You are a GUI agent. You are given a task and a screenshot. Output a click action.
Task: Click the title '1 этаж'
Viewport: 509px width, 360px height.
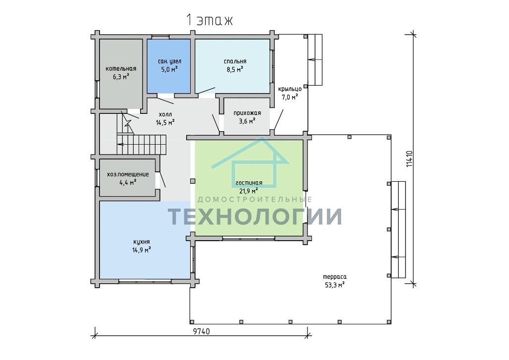(209, 20)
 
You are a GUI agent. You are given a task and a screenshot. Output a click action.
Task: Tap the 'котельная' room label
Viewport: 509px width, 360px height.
(121, 69)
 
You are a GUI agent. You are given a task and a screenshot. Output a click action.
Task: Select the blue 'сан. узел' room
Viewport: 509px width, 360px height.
(169, 66)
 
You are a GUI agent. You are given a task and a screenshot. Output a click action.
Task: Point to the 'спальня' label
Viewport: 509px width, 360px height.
(235, 61)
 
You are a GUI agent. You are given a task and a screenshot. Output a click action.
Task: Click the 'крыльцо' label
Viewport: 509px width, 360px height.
(290, 89)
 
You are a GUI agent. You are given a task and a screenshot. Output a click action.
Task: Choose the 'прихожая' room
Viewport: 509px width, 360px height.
(247, 116)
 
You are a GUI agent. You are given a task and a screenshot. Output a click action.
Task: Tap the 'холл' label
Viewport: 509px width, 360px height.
(165, 114)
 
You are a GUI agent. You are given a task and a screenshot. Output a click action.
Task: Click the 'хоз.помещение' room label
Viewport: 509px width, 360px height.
(128, 174)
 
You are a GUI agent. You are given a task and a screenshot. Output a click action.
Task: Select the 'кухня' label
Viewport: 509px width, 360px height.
(142, 242)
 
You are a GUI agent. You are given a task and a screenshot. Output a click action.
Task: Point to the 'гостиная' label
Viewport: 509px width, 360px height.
(249, 183)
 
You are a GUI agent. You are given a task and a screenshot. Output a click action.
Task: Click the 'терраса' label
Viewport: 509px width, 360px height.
(335, 277)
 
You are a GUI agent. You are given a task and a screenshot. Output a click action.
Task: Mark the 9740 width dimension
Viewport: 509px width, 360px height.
(202, 331)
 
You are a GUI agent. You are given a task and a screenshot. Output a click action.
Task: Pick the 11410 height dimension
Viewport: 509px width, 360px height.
(409, 159)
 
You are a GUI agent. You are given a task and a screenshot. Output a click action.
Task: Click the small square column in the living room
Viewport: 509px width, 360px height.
(193, 181)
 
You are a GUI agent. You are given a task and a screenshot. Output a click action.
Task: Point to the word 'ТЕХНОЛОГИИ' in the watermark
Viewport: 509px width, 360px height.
(254, 216)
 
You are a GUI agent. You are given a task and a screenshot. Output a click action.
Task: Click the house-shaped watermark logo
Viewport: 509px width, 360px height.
(250, 162)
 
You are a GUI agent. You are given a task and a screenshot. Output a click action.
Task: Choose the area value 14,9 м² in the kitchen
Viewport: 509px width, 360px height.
(142, 250)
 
